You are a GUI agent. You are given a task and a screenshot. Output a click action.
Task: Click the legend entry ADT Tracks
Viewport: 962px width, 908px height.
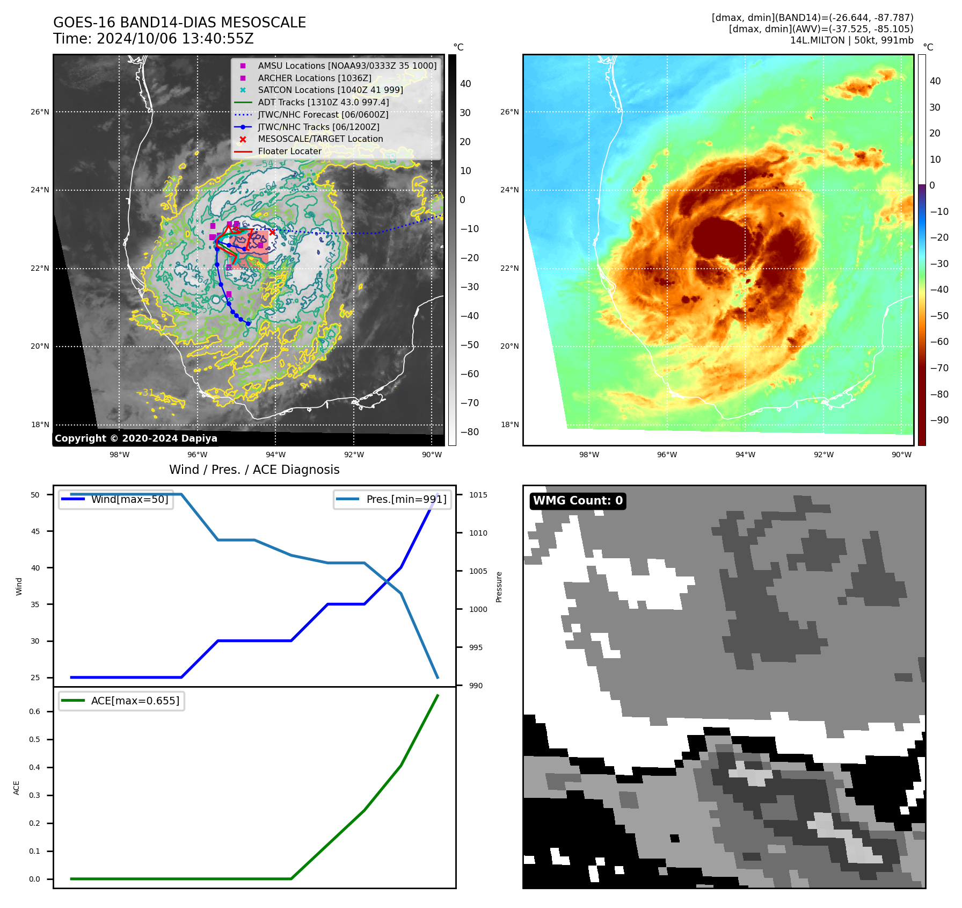click(323, 102)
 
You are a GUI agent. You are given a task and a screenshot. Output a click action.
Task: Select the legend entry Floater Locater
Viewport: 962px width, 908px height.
click(289, 151)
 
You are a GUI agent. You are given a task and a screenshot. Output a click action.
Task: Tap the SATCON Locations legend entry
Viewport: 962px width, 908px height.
click(330, 90)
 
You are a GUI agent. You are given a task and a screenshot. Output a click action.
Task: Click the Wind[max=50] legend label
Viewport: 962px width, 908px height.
click(129, 499)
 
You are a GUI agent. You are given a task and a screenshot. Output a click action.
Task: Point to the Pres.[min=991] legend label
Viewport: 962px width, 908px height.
click(406, 499)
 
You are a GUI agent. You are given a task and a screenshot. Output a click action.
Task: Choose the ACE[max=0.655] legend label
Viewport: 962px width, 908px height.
click(135, 701)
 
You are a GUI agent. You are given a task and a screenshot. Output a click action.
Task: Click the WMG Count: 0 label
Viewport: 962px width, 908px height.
click(578, 501)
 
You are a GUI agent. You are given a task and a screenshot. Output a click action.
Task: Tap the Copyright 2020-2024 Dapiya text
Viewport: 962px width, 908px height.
click(136, 438)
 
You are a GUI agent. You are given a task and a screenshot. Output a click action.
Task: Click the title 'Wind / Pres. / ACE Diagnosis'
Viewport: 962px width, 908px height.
click(254, 470)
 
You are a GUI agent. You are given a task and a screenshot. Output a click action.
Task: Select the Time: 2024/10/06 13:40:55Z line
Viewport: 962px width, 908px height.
click(153, 39)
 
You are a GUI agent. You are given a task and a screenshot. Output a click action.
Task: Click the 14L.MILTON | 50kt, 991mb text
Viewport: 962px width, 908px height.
click(851, 40)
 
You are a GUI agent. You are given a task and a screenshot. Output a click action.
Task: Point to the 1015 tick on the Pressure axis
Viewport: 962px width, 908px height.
click(478, 495)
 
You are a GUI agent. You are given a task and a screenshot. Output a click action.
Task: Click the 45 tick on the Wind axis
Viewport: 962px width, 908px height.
click(35, 531)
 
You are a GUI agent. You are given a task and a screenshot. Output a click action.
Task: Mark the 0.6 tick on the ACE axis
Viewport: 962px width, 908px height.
click(35, 711)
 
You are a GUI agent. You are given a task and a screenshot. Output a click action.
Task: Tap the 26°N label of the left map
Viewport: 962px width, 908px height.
click(40, 112)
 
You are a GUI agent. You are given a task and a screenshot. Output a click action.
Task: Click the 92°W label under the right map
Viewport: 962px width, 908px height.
click(823, 455)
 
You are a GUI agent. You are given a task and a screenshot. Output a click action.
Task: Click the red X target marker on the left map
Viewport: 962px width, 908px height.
click(272, 232)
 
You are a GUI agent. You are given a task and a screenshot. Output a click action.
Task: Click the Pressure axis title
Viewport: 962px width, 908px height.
click(499, 587)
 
